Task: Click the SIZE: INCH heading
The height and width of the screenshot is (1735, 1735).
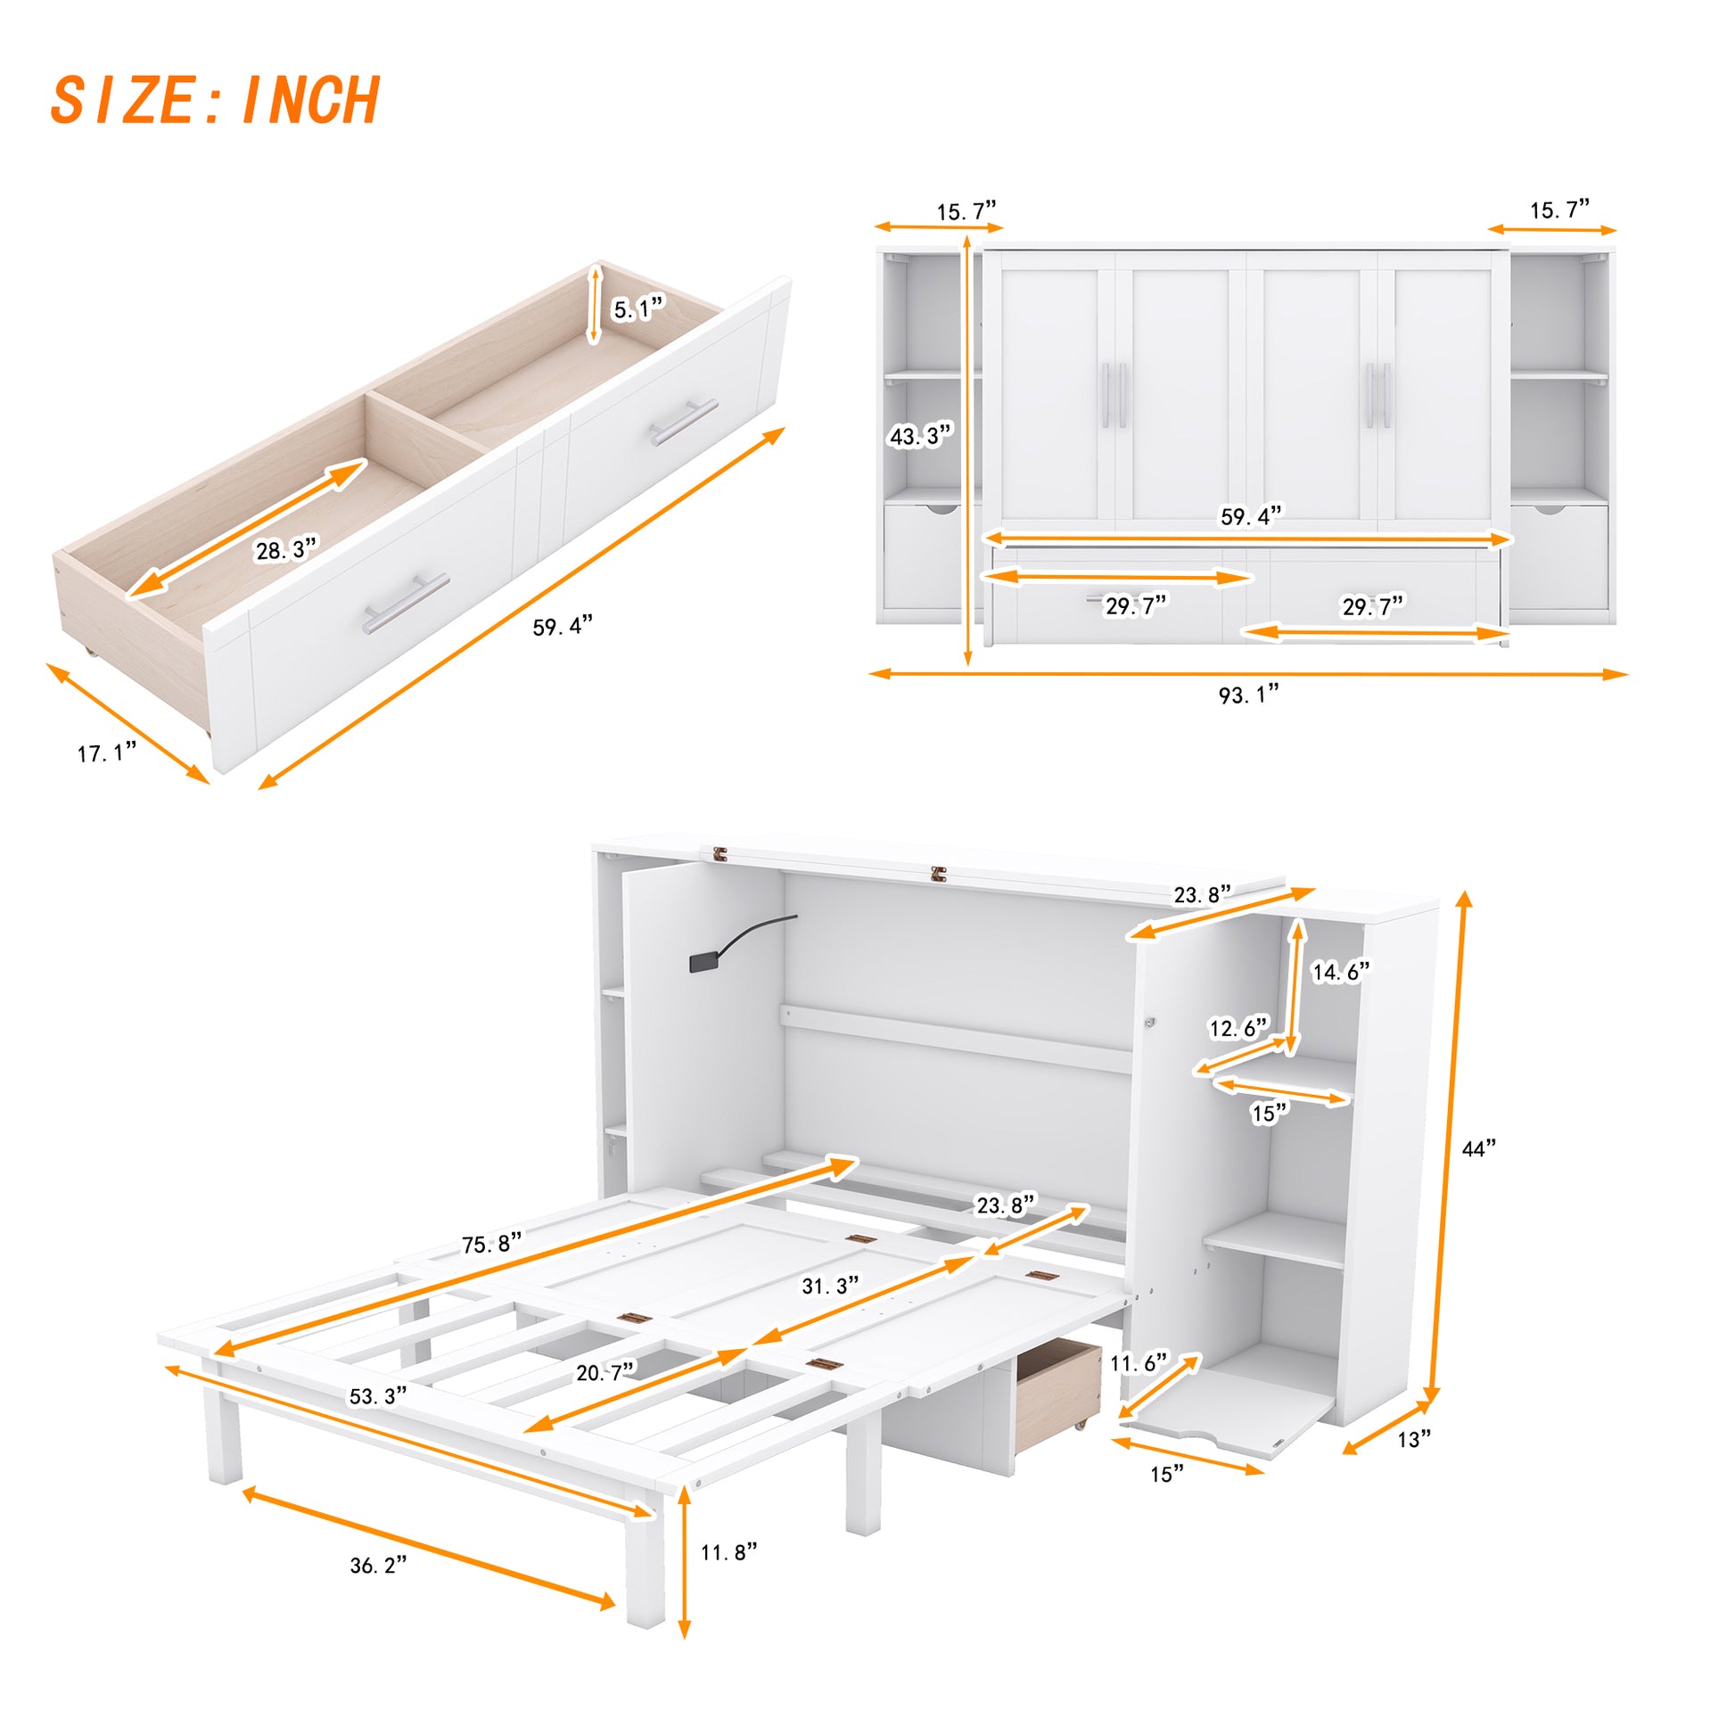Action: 216,100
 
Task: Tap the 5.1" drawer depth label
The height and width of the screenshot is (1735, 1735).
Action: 637,308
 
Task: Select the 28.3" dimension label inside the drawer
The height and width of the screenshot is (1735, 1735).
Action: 286,548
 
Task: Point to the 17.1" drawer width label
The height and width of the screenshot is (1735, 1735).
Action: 107,752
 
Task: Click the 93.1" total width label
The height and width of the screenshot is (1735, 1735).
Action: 1247,695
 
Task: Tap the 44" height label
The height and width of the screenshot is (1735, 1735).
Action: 1478,1148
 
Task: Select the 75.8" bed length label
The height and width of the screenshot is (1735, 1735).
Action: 491,1244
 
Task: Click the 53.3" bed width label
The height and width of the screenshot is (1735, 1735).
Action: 377,1395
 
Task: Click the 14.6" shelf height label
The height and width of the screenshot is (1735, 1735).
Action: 1341,972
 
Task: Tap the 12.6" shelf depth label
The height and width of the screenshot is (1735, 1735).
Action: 1238,1027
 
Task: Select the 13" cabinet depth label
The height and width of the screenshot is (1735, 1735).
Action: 1413,1440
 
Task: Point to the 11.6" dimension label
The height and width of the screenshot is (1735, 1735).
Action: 1138,1363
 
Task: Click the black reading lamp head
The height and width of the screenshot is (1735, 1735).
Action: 703,964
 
